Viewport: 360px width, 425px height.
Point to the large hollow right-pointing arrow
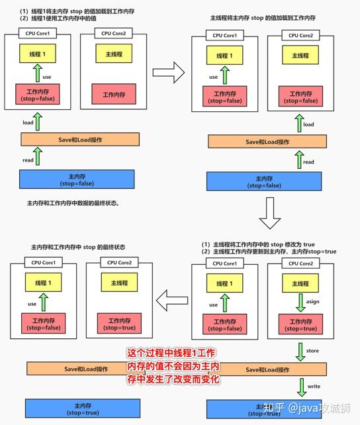tap(167, 70)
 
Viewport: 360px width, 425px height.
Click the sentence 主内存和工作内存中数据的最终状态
tap(73, 203)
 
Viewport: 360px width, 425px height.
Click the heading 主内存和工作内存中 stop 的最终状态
tap(78, 246)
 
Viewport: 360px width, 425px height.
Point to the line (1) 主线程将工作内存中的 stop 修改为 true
tap(263, 243)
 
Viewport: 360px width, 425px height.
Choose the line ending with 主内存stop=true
tap(269, 252)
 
